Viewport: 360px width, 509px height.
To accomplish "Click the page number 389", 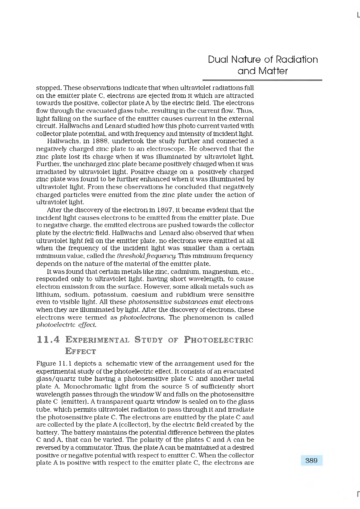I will [311, 460].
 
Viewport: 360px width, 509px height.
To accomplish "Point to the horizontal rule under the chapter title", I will [262, 80].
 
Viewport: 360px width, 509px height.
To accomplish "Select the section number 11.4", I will [49, 340].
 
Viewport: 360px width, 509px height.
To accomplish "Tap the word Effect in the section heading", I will [81, 351].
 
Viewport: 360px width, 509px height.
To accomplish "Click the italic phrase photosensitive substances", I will [168, 302].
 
